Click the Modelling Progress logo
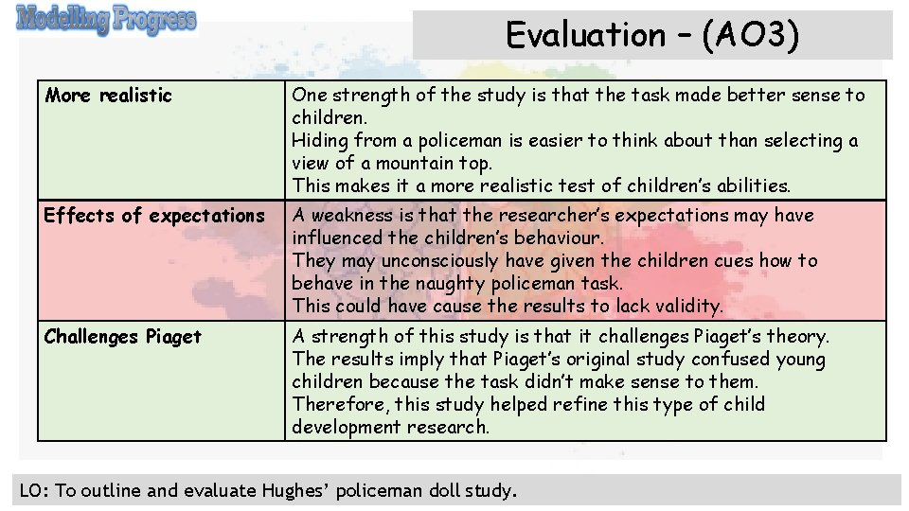pyautogui.click(x=106, y=20)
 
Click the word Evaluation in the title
pyautogui.click(x=586, y=35)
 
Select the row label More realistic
pyautogui.click(x=109, y=95)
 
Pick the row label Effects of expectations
pyautogui.click(x=154, y=216)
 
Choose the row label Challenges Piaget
pyautogui.click(x=122, y=337)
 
